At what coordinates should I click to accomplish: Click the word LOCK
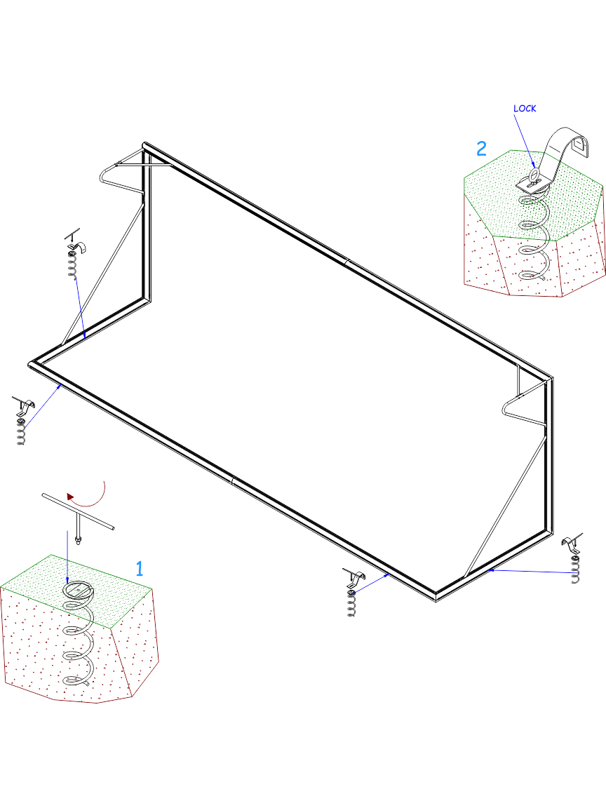click(525, 108)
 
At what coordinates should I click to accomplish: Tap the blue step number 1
click(139, 568)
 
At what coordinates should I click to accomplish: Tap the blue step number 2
click(481, 149)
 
